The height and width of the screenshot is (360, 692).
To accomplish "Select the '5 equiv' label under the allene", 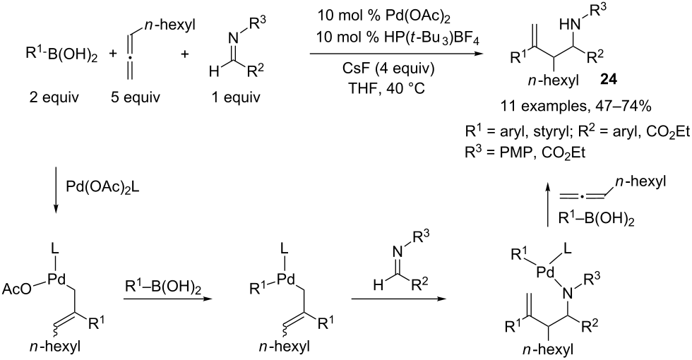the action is (x=135, y=97).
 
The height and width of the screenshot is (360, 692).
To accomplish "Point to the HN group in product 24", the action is (x=571, y=25).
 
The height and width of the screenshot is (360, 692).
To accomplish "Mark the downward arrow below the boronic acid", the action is (x=56, y=189).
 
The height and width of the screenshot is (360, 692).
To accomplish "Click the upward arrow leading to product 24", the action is (x=548, y=206).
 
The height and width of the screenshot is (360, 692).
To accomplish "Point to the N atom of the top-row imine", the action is (x=234, y=39).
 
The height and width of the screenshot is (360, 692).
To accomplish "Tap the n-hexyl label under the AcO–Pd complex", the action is (x=56, y=347).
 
